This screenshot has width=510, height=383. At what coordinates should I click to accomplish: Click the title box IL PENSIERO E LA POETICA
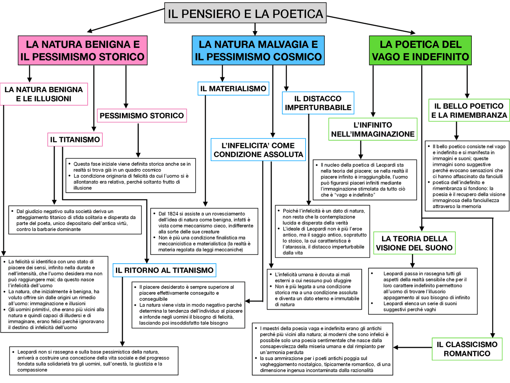pos(245,14)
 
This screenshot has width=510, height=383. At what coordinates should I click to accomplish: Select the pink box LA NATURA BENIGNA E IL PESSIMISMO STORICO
pos(82,50)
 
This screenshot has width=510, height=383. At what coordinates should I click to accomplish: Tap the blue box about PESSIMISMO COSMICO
pos(258,50)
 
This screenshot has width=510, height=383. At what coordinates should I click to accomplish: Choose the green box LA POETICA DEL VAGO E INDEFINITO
pos(420,50)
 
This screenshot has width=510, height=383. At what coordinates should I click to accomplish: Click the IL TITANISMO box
pos(75,140)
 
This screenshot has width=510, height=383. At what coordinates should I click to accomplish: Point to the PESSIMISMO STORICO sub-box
pos(142,116)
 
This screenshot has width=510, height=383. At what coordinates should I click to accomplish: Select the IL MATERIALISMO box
pos(233,89)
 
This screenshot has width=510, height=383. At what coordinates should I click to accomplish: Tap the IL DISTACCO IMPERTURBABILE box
pos(318,103)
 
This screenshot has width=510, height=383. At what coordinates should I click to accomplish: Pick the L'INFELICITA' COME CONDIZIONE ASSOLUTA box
pos(258,150)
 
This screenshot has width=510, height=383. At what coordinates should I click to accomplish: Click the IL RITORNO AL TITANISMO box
pos(164,270)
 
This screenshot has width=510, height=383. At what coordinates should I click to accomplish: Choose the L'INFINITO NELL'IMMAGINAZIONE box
pos(373,129)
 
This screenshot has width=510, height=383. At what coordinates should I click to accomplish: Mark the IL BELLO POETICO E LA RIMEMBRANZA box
pos(469,111)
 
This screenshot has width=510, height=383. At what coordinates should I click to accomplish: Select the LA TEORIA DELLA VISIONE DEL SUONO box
pos(414,243)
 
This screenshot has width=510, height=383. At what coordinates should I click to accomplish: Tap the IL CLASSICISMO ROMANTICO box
pos(467,349)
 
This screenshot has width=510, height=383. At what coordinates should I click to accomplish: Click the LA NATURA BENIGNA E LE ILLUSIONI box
pos(44,94)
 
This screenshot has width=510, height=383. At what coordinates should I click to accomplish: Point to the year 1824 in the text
pos(173,214)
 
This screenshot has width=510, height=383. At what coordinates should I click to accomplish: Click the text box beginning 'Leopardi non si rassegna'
pos(94,361)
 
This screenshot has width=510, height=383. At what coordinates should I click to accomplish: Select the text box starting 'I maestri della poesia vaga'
pos(323,349)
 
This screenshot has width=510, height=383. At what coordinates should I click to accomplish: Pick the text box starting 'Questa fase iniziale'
pos(131,176)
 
